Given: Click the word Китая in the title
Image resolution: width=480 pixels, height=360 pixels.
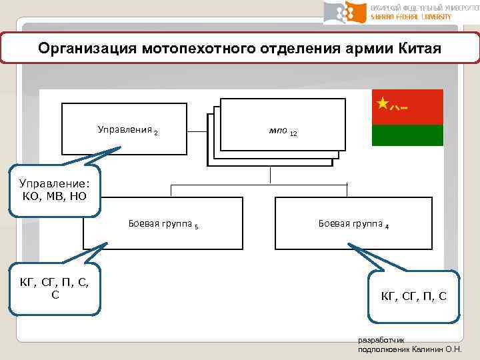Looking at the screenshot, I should (x=419, y=49).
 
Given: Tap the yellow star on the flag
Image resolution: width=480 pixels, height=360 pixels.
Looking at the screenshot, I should (x=382, y=103).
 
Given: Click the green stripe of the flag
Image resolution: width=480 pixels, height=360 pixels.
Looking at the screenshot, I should (x=407, y=135).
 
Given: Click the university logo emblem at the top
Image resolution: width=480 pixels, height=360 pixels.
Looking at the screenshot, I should (x=346, y=13).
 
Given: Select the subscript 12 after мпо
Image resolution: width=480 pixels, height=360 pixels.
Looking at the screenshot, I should (x=293, y=134).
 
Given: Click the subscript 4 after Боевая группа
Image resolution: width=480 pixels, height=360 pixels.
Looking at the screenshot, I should (x=387, y=226).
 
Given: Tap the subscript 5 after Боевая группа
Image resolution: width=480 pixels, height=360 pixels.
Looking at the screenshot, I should (x=197, y=226).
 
